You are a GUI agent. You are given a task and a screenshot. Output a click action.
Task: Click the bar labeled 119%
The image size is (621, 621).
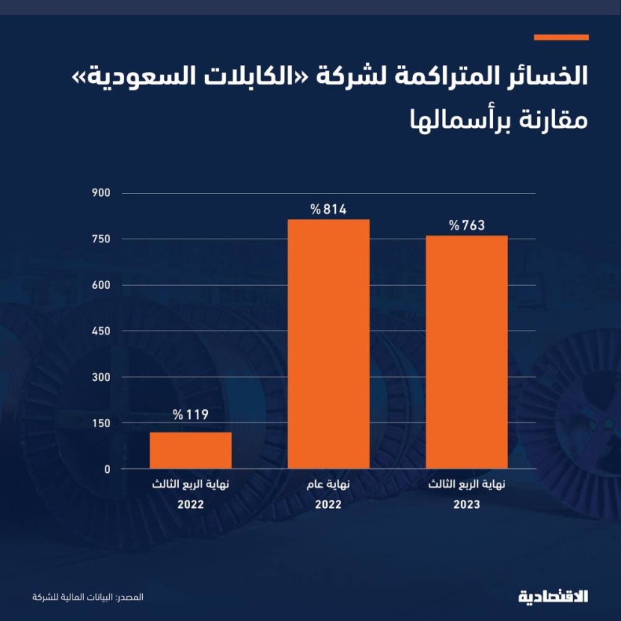tap(190, 450)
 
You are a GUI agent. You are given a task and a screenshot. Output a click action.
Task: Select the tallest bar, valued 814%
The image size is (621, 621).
tap(328, 344)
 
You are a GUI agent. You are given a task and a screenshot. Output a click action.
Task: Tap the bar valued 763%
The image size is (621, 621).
tap(467, 352)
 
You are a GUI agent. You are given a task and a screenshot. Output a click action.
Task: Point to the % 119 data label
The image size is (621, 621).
tap(190, 414)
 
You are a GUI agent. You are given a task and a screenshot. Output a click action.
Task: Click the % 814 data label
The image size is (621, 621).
tap(328, 209)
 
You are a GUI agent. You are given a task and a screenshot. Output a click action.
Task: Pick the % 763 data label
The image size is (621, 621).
tap(467, 225)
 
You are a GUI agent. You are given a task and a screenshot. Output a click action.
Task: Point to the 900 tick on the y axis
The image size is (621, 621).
tap(102, 193)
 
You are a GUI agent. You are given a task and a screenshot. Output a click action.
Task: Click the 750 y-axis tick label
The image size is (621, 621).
tap(102, 239)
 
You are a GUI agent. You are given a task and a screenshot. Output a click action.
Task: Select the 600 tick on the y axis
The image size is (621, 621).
tap(102, 285)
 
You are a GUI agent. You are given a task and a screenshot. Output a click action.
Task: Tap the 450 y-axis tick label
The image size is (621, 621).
tap(102, 331)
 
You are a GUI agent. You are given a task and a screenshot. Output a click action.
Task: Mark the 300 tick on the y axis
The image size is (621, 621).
tap(102, 377)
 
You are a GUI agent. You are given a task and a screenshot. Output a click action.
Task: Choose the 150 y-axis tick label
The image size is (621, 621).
tap(102, 423)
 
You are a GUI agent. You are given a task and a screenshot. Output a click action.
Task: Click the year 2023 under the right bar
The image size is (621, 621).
tap(467, 505)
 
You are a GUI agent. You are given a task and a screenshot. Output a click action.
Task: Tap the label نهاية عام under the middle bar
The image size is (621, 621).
tap(328, 485)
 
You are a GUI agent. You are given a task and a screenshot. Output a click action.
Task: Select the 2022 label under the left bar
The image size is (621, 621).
tap(190, 505)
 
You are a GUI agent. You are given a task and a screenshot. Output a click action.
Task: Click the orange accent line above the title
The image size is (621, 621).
tap(561, 37)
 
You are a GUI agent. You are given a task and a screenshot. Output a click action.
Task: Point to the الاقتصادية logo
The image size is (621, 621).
tap(553, 596)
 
